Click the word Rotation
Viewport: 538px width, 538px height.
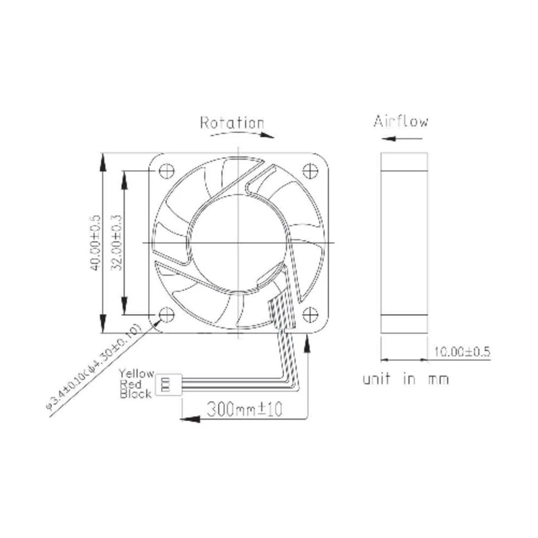(232, 123)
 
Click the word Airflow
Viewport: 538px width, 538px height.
(401, 121)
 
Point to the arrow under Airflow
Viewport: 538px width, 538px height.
(399, 138)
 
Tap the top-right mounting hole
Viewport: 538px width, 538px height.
(310, 171)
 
